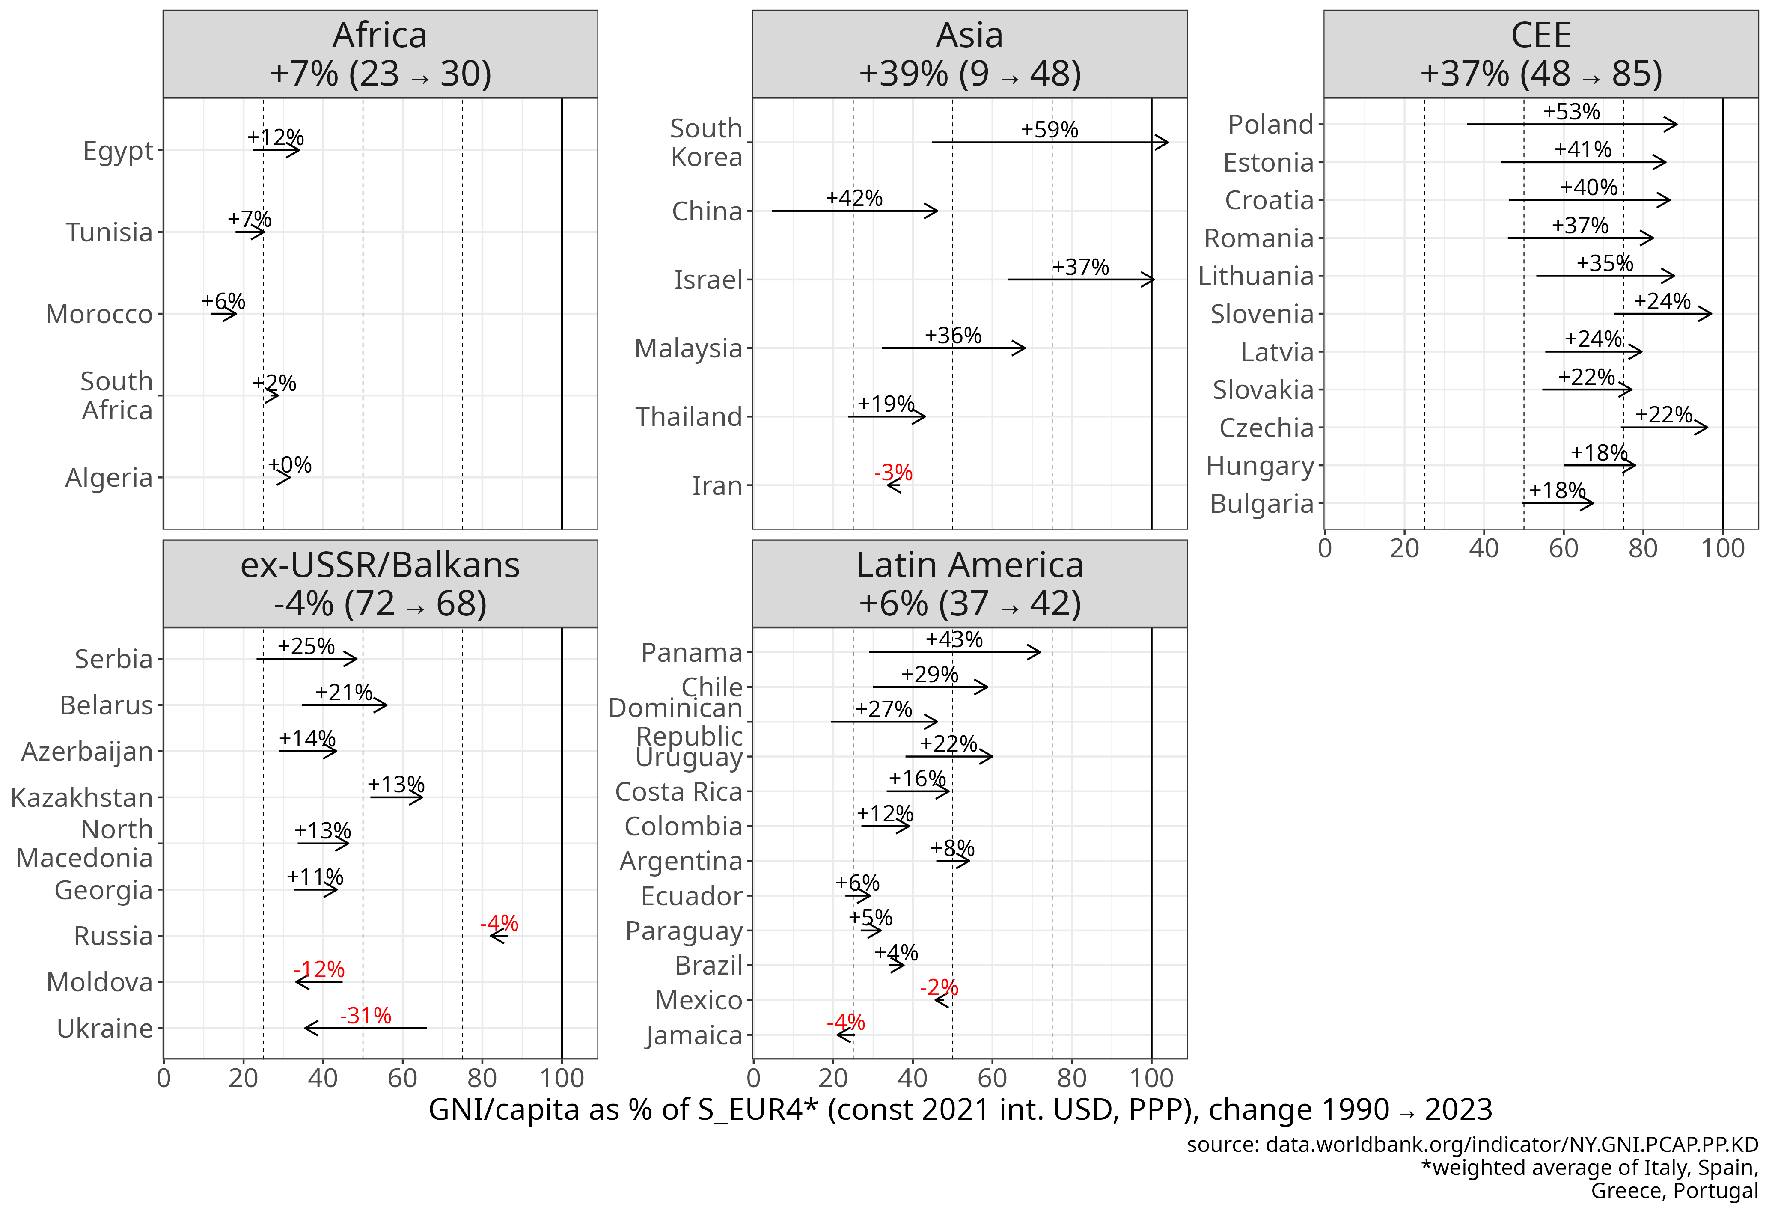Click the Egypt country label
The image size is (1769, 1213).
pos(118,151)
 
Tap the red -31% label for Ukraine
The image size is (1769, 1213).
pos(366,1015)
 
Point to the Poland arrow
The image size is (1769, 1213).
pos(1571,124)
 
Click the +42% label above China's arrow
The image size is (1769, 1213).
pos(854,198)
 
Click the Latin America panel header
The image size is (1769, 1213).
pos(969,584)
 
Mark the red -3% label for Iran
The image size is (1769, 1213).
pos(893,473)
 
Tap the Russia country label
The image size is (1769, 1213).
pos(113,936)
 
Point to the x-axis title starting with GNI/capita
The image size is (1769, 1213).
pos(960,1109)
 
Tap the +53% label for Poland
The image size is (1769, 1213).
pos(1571,112)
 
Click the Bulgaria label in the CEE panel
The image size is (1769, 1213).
pos(1261,504)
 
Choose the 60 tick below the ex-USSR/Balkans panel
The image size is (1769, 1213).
pos(402,1078)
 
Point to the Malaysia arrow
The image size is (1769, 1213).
pos(953,348)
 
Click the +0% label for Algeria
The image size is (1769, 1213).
pos(290,465)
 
